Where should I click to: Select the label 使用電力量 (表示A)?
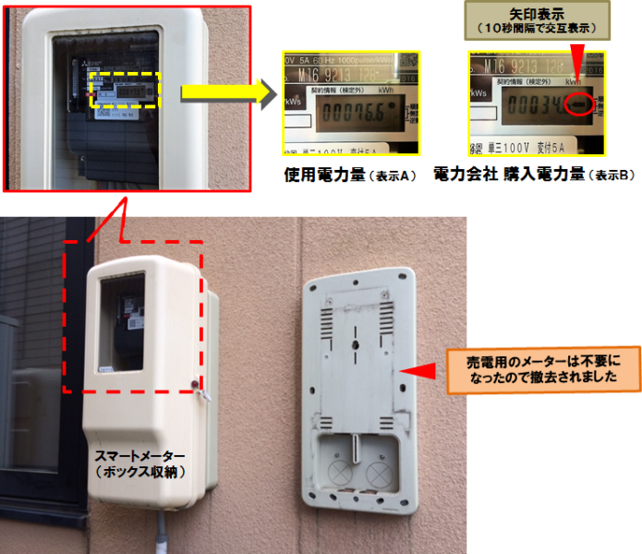[x=350, y=174]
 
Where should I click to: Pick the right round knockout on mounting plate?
[x=379, y=474]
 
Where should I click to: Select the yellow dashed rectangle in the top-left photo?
[x=126, y=91]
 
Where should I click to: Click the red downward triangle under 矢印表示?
[x=575, y=66]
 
